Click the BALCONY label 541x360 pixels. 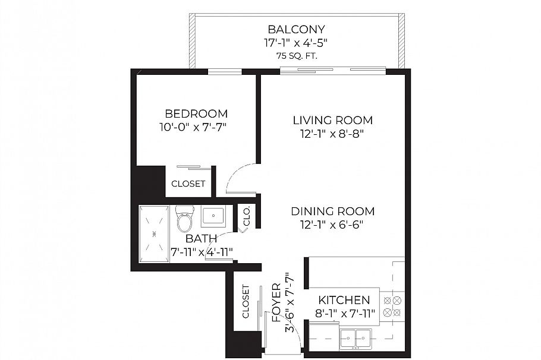297,29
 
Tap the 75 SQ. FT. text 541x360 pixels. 297,56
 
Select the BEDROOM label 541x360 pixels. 196,113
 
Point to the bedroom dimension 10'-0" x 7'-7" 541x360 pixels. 193,127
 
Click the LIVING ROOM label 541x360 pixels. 332,121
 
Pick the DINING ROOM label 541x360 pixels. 332,211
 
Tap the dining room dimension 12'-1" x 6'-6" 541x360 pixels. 332,225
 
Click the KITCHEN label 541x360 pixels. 344,300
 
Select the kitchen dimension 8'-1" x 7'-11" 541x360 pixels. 345,314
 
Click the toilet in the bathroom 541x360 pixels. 184,219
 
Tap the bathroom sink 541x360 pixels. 213,216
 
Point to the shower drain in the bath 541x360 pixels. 154,234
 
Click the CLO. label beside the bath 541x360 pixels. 247,216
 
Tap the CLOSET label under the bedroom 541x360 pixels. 188,184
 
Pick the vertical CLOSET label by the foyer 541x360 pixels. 246,301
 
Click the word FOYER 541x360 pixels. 276,302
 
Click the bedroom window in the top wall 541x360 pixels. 225,72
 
